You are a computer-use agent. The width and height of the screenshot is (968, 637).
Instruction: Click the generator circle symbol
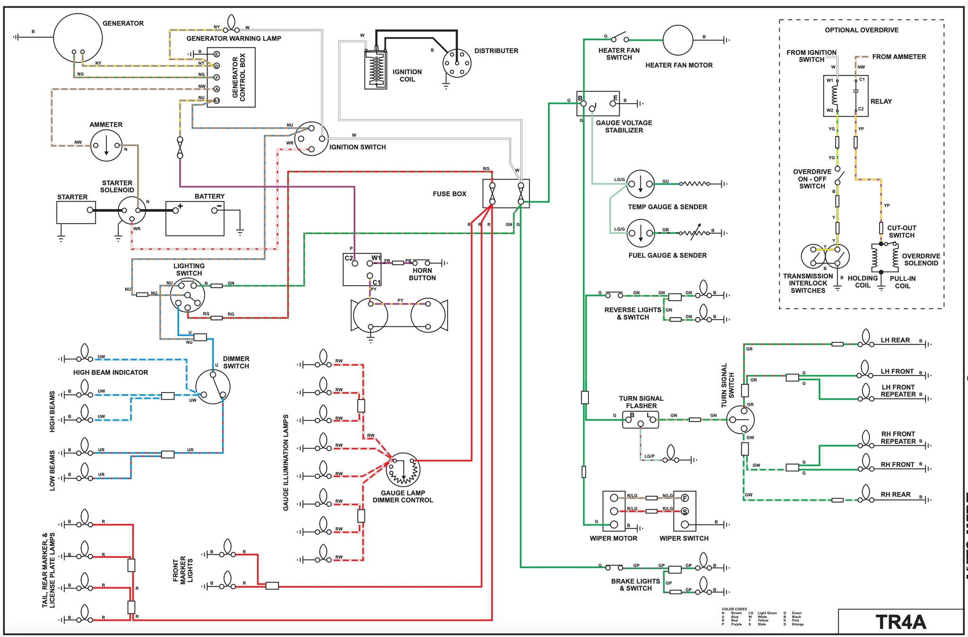click(x=78, y=38)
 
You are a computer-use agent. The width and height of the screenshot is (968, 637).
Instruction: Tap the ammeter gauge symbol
click(x=106, y=145)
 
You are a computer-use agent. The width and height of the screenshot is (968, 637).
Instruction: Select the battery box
click(x=195, y=218)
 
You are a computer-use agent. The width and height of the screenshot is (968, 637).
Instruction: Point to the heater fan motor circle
click(x=678, y=40)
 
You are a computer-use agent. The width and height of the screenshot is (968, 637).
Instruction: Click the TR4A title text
click(x=900, y=622)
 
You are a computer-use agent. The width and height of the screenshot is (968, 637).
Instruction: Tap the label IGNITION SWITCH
click(x=357, y=147)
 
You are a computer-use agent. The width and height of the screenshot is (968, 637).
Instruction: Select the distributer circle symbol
click(x=457, y=63)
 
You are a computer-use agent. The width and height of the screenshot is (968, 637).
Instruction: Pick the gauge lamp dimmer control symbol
click(x=403, y=470)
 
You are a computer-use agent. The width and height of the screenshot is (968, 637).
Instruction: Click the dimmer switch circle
click(x=213, y=386)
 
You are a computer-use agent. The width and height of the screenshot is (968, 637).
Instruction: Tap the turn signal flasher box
click(x=640, y=419)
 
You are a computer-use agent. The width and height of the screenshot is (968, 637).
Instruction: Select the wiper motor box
click(x=614, y=511)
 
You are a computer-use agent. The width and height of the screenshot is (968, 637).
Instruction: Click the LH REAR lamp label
click(x=895, y=340)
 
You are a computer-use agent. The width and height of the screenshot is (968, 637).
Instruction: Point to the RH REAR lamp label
click(x=895, y=494)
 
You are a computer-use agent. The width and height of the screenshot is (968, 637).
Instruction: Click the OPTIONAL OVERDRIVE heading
click(x=861, y=30)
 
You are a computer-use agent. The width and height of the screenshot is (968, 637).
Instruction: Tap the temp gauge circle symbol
click(x=640, y=184)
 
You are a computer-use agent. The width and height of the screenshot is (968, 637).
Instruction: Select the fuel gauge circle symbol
click(x=640, y=233)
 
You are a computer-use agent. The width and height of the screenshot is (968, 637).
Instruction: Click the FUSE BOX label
click(x=449, y=194)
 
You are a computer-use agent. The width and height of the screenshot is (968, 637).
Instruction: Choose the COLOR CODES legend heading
click(x=734, y=609)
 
